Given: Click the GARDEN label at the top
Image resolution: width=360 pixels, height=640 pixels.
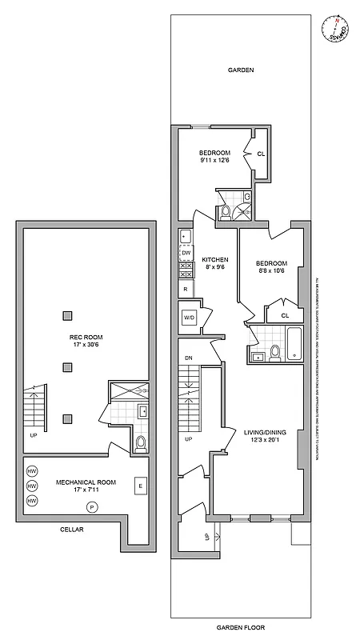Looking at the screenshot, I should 241,70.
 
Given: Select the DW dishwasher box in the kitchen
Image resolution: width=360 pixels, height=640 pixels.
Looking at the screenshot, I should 186,254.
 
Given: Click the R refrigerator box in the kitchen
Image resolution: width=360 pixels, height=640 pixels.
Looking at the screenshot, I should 186,288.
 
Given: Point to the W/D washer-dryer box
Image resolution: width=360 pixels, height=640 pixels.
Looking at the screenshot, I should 190,317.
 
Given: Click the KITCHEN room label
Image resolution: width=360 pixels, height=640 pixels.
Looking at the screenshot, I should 215,259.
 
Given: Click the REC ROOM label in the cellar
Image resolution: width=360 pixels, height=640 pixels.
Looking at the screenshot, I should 86,337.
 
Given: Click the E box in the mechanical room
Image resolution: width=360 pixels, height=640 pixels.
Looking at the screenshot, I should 139,486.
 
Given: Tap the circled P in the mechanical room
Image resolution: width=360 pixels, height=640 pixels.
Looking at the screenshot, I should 92,507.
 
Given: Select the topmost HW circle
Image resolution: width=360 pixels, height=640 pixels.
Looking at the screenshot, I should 33,470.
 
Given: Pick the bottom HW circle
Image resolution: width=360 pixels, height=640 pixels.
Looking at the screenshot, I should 33,501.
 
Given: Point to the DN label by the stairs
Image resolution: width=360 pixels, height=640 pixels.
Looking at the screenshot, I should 189,358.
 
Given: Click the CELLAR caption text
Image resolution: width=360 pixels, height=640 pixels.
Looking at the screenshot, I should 71,529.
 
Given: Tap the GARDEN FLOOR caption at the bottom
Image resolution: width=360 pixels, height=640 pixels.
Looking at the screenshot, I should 241,628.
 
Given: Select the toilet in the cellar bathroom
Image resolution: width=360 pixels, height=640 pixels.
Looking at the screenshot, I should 140,442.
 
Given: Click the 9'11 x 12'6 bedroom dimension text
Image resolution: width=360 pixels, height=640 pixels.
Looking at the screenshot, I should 214,160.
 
